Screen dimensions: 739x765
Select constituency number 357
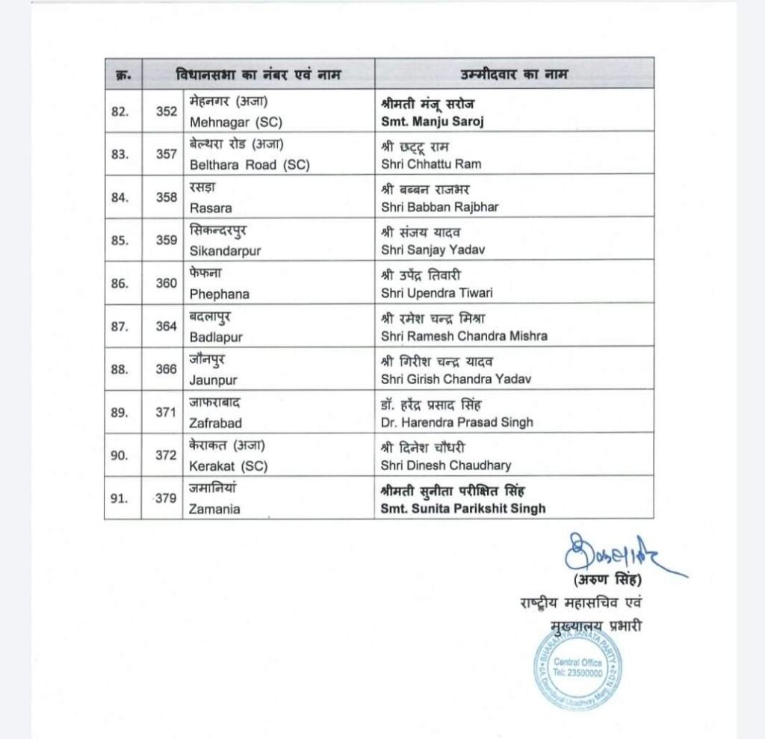[x=167, y=154]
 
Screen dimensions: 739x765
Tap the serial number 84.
[x=120, y=197]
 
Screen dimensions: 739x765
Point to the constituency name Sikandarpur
[x=225, y=251]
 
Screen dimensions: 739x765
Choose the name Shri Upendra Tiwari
[x=436, y=294]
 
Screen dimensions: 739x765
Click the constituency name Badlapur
[x=216, y=337]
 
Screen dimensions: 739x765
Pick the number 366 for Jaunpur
[x=167, y=369]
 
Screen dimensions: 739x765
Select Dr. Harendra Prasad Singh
[x=456, y=422]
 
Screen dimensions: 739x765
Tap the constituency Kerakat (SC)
[x=229, y=466]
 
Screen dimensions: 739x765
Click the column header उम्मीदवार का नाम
[x=513, y=74]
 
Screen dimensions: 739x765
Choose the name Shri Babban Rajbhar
[x=439, y=207]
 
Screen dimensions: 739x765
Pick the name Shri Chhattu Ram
[x=430, y=164]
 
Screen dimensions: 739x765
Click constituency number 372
[x=167, y=455]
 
